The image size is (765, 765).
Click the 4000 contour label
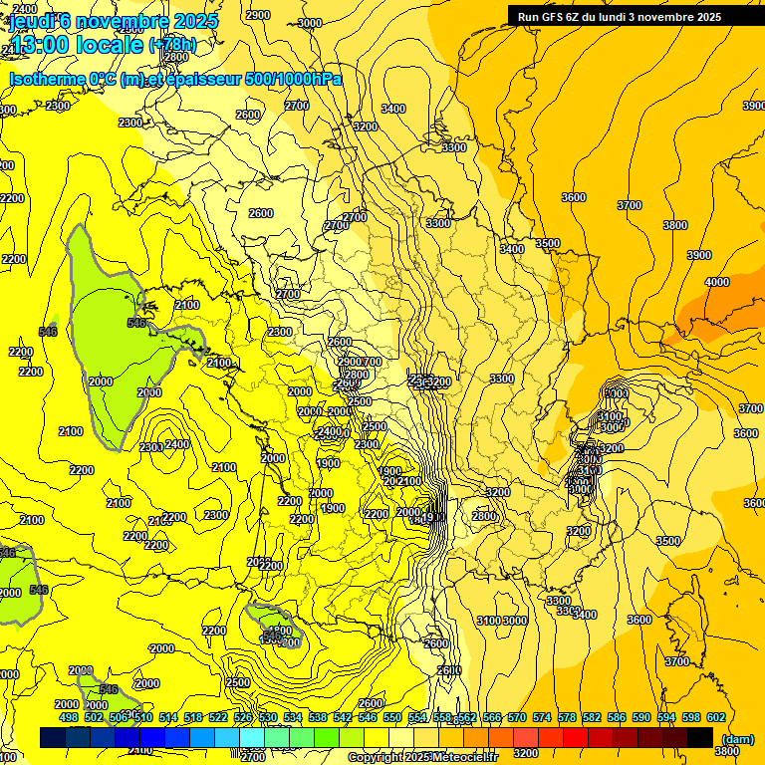tap(716, 282)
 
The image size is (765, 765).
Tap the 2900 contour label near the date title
tap(257, 15)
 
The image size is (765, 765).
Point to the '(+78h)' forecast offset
tap(171, 45)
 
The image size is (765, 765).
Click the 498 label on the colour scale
tap(68, 717)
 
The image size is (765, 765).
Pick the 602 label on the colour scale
tap(716, 717)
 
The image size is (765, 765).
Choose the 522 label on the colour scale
tap(217, 717)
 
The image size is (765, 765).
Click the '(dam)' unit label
tap(738, 738)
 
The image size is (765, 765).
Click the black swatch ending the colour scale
tap(700, 737)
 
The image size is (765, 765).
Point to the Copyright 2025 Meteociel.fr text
tap(422, 757)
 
